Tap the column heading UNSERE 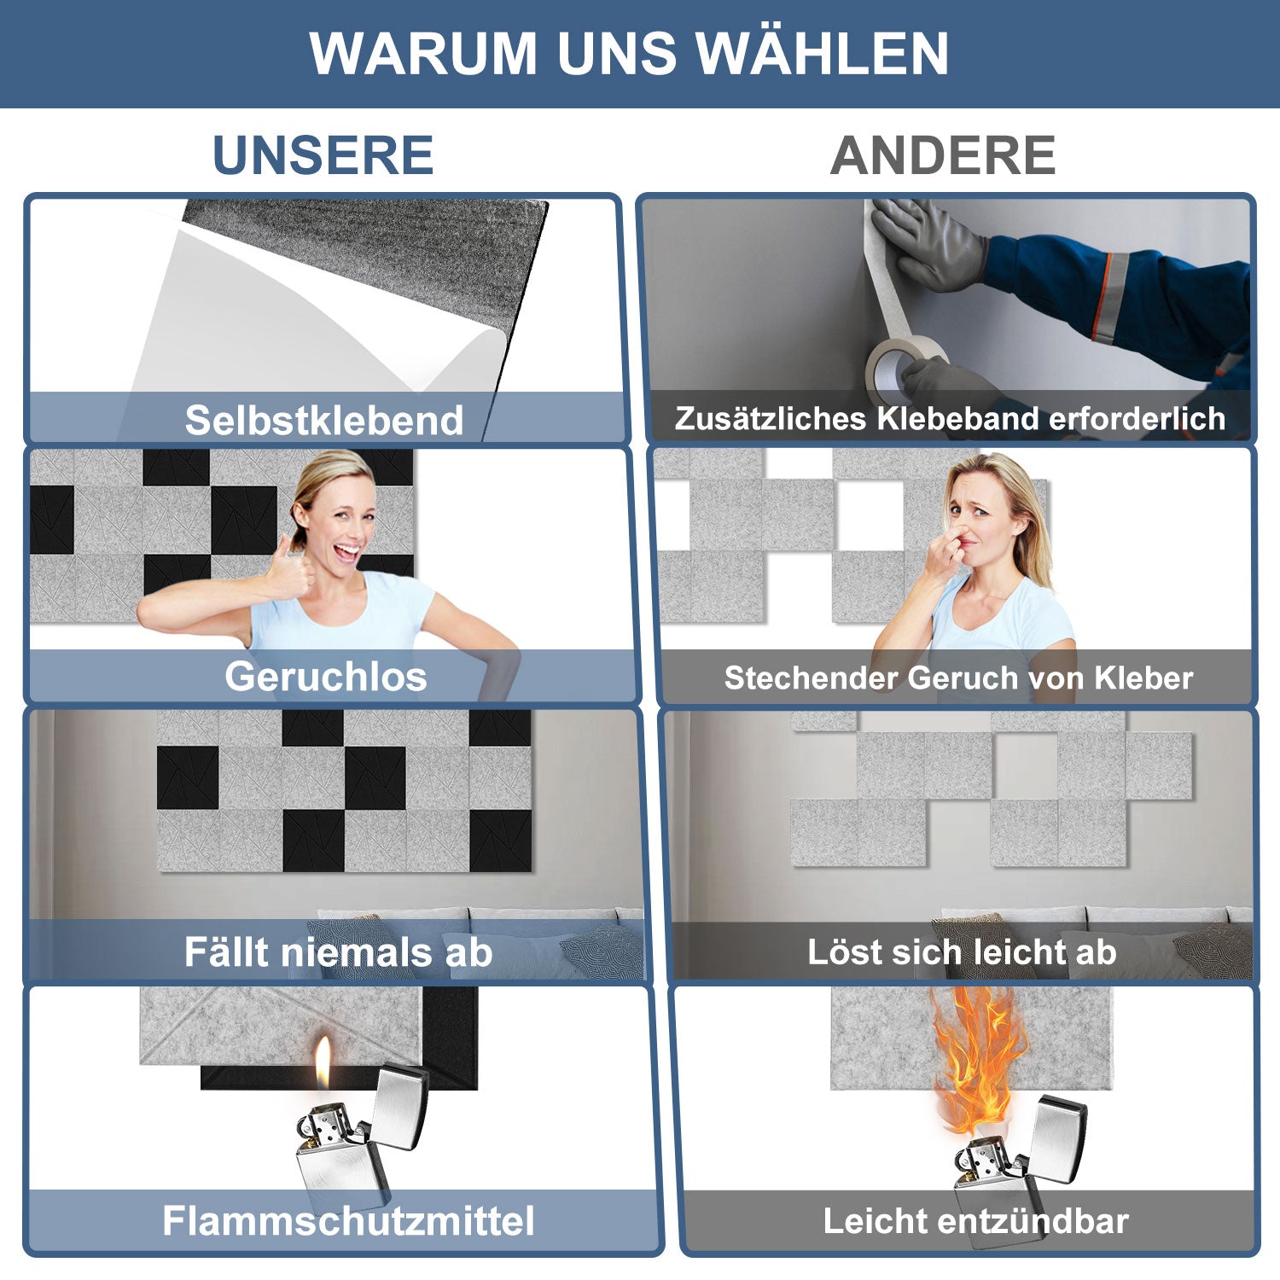click(323, 155)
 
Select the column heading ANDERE click(943, 155)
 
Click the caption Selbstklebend click(324, 420)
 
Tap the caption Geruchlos click(326, 677)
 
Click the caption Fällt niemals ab click(338, 951)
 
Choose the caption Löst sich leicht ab click(962, 951)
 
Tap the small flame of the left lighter click(323, 1062)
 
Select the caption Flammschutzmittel click(348, 1220)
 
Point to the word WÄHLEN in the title click(822, 54)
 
